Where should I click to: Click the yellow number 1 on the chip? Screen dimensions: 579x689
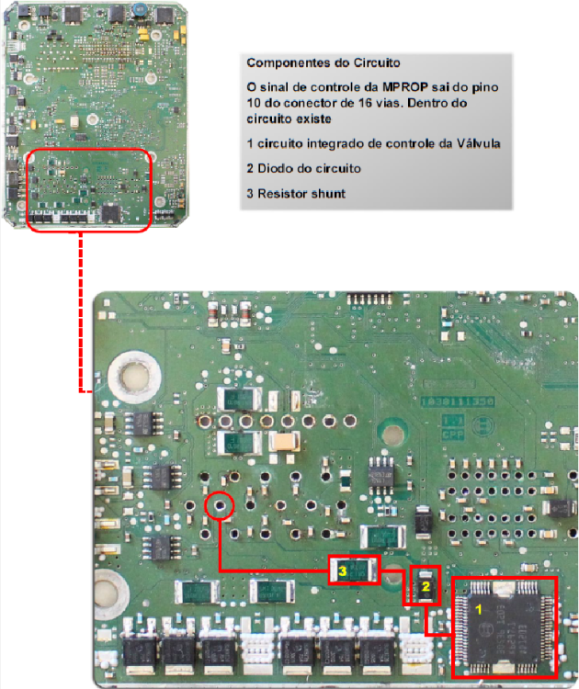point(479,609)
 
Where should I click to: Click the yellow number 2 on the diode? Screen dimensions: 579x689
point(426,586)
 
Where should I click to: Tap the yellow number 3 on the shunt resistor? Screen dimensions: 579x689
point(343,570)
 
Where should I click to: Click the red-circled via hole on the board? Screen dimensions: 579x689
point(220,506)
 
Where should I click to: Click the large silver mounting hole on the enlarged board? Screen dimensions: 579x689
point(134,377)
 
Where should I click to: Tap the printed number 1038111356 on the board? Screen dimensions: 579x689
point(458,401)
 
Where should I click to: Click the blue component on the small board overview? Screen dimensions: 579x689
point(141,7)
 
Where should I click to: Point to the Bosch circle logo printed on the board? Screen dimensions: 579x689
point(482,425)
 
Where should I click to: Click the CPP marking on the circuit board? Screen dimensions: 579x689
point(452,435)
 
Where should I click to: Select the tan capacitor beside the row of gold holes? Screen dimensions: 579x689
point(284,441)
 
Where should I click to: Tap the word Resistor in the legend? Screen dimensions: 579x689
point(278,193)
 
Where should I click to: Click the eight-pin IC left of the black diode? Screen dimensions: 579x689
point(380,475)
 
